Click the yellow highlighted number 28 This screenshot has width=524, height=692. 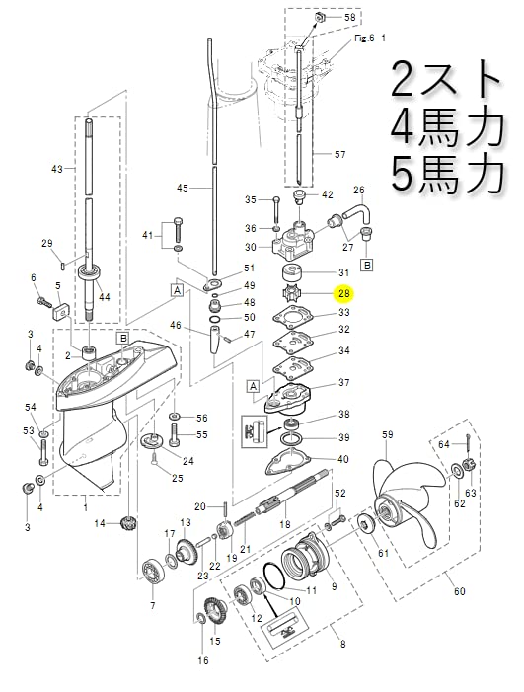coord(343,293)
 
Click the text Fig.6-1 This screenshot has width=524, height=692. coord(367,38)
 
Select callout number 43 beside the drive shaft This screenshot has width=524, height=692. coord(56,169)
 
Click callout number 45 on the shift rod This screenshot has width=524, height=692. coord(182,188)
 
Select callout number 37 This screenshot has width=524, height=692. coord(343,383)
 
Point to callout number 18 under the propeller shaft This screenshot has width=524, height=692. coord(285,525)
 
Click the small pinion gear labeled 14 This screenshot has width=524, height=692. coord(125,522)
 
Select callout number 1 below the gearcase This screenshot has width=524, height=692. coord(85,507)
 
